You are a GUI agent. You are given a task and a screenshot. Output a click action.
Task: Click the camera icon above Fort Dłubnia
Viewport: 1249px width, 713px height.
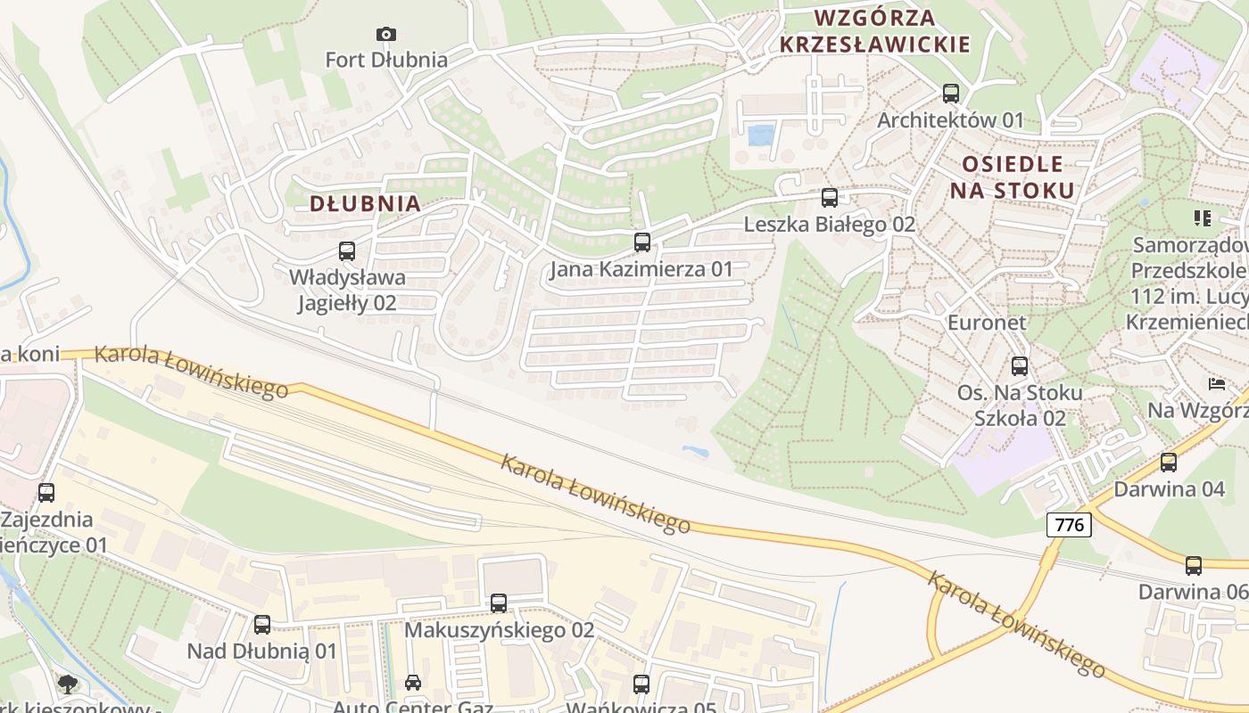[x=385, y=34]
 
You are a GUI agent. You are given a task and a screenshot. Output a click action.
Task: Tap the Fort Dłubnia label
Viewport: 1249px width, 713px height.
[x=385, y=60]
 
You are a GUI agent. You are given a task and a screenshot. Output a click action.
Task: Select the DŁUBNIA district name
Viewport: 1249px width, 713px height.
[x=365, y=203]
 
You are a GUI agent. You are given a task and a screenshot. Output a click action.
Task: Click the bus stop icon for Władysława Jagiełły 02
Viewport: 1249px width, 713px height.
[x=347, y=251]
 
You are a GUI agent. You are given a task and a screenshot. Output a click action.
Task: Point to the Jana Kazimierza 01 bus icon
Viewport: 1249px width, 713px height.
[x=641, y=242]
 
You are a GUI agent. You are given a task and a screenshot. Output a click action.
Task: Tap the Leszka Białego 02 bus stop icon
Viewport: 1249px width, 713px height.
[x=830, y=198]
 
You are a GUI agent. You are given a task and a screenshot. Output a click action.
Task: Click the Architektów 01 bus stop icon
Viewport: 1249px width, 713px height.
[x=951, y=93]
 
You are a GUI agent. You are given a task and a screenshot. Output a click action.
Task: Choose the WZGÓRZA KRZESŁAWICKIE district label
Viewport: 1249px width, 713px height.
[x=874, y=30]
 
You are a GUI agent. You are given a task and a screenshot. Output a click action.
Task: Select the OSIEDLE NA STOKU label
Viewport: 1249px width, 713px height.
[x=1012, y=176]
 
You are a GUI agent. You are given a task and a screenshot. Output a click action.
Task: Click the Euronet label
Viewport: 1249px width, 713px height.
[x=987, y=322]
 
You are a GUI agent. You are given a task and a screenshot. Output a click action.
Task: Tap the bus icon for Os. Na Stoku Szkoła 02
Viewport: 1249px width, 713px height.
[x=1020, y=365]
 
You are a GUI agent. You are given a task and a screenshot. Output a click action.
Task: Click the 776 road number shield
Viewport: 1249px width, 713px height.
[x=1069, y=525]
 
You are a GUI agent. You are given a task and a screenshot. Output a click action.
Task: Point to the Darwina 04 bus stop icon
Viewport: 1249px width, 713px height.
[x=1169, y=463]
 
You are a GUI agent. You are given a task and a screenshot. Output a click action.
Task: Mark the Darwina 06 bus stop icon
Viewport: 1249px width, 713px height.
[x=1194, y=565]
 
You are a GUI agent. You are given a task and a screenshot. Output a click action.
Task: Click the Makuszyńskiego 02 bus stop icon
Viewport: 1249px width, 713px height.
[x=499, y=603]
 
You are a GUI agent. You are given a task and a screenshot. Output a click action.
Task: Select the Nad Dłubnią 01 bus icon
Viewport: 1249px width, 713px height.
[x=262, y=625]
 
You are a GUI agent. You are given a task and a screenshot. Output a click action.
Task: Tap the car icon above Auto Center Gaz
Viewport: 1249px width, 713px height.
[x=413, y=683]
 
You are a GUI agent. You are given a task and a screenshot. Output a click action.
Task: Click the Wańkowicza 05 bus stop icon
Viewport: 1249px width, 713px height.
[x=641, y=684]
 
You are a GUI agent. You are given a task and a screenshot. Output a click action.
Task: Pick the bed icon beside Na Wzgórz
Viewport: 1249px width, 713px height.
[x=1217, y=384]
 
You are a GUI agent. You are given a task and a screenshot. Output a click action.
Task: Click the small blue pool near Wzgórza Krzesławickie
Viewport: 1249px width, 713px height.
[x=761, y=135]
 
